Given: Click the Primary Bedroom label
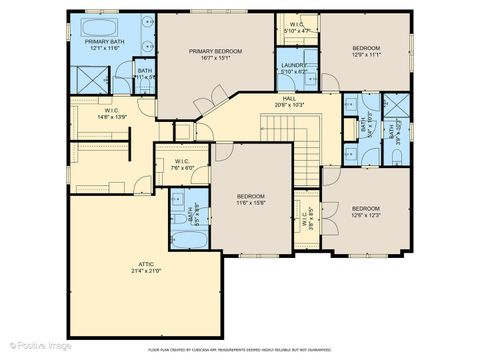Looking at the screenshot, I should pos(217,54).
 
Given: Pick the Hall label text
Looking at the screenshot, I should pos(290,101).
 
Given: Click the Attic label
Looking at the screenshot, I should pos(146,268).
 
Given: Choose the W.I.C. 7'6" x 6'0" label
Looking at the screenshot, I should pos(182,165).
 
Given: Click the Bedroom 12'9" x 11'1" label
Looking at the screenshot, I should pos(365,51).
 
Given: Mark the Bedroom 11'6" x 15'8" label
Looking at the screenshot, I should pos(250,199).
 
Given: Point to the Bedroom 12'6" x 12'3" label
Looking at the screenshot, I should pos(366,210).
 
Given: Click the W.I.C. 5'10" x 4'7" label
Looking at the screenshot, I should pos(297,26).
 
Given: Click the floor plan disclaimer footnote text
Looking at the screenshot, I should pos(240,350).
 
